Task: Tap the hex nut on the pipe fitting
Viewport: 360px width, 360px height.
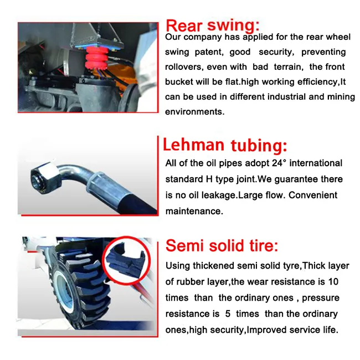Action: tap(40, 176)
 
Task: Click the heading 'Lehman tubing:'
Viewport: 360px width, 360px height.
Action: tap(224, 145)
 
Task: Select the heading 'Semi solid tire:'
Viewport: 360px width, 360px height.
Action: tap(222, 246)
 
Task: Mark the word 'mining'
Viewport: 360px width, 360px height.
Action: tap(341, 97)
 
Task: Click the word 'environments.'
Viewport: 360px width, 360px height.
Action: tap(194, 111)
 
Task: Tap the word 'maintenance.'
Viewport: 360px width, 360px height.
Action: tap(194, 211)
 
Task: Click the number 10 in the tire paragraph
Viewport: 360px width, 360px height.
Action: tap(333, 281)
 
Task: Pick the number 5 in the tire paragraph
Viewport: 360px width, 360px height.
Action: tap(228, 314)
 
